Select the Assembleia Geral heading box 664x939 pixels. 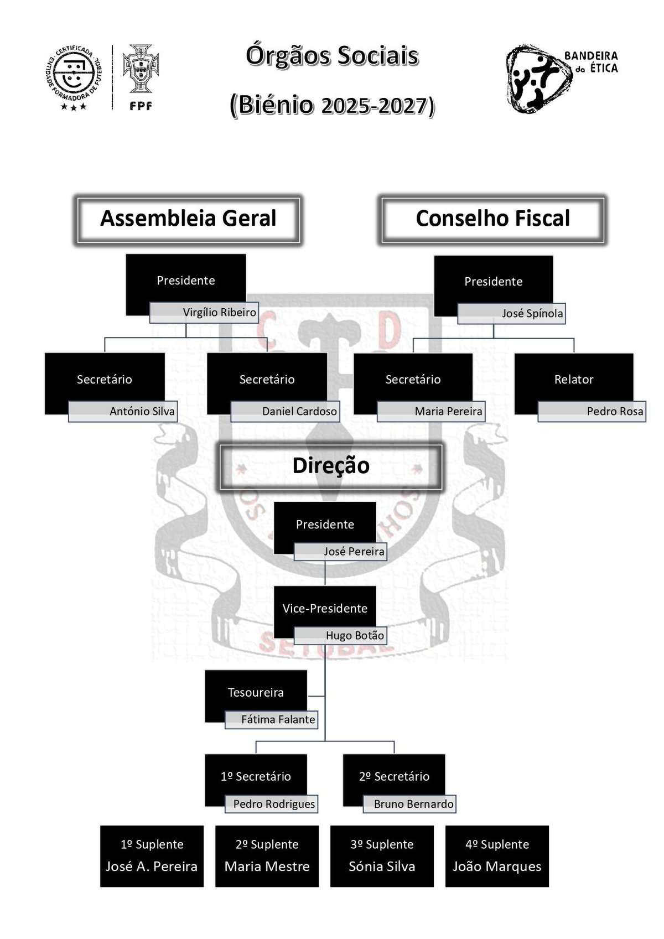pos(188,219)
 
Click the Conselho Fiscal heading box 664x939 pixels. pos(492,219)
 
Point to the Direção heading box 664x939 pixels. pos(331,466)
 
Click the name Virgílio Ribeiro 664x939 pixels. pos(219,313)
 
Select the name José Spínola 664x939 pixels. pos(532,314)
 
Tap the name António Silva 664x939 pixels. pos(142,412)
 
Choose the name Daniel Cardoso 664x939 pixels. pos(299,412)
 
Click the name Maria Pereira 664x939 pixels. pos(448,412)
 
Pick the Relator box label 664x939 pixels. pos(573,380)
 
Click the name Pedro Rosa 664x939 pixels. pos(615,412)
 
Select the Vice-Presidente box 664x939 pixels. pos(325,609)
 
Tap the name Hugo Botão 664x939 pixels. pos(355,636)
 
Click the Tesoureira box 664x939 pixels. pos(256,693)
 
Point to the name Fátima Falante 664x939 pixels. pos(278,720)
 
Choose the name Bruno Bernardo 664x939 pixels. pos(413,804)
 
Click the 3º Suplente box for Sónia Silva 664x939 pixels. pos(382,856)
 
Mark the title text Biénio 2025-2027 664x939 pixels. pos(332,105)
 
